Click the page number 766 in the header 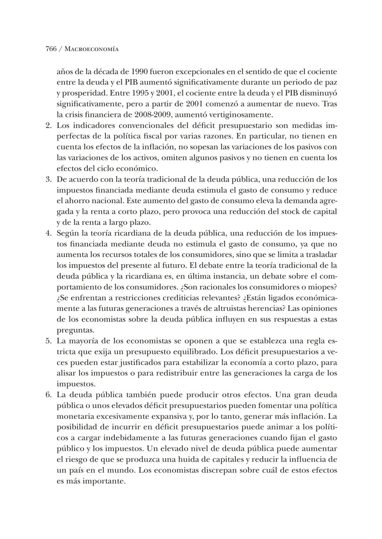tap(51, 49)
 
